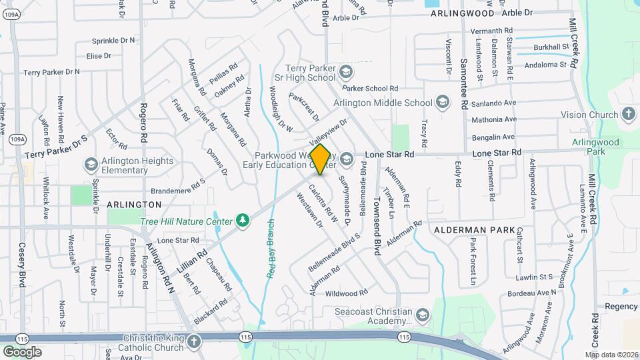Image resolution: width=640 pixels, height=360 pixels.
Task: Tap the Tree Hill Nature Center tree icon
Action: tap(243, 220)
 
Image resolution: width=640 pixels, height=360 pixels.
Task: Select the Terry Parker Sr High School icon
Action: tap(345, 71)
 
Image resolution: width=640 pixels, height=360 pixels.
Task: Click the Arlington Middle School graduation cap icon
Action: tap(442, 103)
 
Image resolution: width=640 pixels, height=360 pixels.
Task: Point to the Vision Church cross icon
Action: tap(628, 115)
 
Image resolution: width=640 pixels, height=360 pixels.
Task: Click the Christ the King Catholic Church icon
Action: tap(193, 342)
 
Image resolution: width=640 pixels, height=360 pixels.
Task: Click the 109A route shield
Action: tap(18, 139)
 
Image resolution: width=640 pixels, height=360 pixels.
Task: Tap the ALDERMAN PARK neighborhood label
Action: tap(474, 230)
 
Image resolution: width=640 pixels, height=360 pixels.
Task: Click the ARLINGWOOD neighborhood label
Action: tap(463, 13)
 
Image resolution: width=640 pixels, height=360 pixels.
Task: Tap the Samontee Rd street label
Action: tap(463, 83)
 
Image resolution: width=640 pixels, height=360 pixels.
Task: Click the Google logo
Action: tap(22, 351)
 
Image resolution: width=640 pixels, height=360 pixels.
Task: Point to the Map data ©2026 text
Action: tap(612, 354)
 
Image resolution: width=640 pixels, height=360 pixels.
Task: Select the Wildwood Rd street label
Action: tap(347, 293)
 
